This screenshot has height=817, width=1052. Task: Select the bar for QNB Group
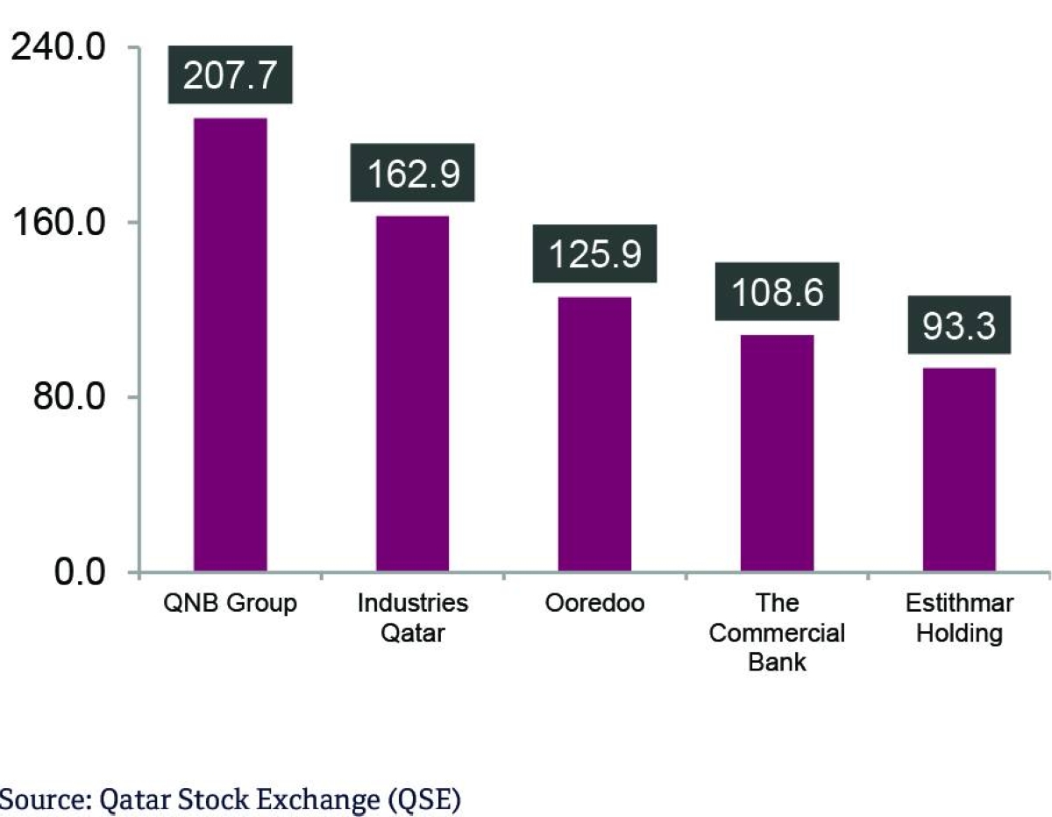click(x=230, y=345)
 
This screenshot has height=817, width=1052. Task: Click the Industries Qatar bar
click(x=412, y=394)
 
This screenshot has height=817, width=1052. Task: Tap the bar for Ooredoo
click(x=594, y=434)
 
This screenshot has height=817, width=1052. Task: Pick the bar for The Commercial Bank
click(x=777, y=453)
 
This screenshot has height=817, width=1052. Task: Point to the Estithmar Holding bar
click(x=959, y=470)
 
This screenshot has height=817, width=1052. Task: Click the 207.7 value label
click(x=230, y=76)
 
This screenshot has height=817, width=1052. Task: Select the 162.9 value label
click(x=412, y=174)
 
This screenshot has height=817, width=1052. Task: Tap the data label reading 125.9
click(x=594, y=254)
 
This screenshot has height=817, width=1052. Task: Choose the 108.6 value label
click(x=778, y=292)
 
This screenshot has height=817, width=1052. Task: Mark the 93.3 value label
click(x=959, y=325)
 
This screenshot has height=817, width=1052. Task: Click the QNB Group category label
click(x=230, y=604)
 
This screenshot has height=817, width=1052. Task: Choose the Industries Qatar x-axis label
click(x=412, y=617)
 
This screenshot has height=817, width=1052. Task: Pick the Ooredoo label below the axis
click(x=594, y=604)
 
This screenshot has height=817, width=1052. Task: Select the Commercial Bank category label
click(x=777, y=632)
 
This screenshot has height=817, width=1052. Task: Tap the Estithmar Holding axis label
click(x=959, y=617)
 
